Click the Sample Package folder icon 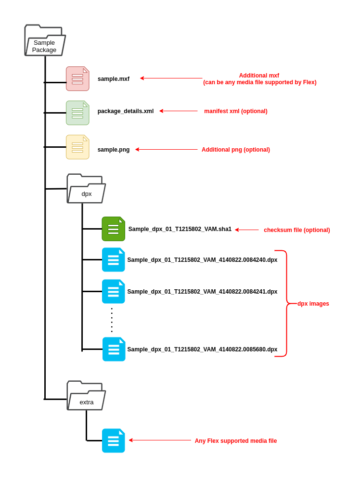(x=45, y=40)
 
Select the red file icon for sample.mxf (x=77, y=79)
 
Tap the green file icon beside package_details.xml (x=77, y=113)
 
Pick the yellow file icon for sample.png (x=77, y=147)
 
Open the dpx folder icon (x=86, y=189)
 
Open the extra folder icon (x=86, y=396)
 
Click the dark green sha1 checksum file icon (x=113, y=229)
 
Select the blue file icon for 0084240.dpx (x=113, y=260)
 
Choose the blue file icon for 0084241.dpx (x=113, y=292)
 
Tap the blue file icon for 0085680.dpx (x=114, y=349)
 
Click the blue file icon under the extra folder (x=113, y=441)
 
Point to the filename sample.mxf (x=114, y=79)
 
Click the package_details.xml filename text (x=126, y=111)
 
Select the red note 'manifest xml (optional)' (x=235, y=111)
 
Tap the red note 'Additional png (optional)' (x=235, y=150)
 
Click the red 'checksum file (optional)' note (x=296, y=230)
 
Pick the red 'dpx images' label (x=313, y=304)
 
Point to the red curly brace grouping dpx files (x=286, y=304)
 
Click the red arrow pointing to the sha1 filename (x=247, y=230)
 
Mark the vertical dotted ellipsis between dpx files (x=112, y=320)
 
